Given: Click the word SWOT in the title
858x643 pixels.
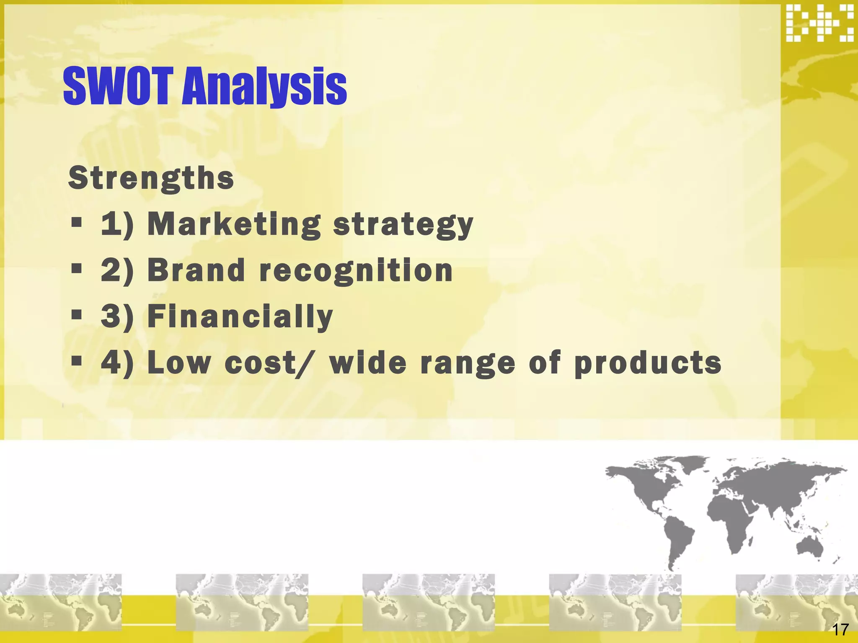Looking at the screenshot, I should [x=118, y=86].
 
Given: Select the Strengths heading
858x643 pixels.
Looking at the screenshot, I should [x=151, y=178].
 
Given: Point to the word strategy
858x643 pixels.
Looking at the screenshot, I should [x=403, y=225].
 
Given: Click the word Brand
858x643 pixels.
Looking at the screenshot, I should [x=196, y=270].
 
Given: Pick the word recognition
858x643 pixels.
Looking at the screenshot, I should [x=356, y=271].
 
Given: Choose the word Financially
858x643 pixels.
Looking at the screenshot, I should [x=240, y=316].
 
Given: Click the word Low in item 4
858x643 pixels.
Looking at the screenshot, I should [x=179, y=363].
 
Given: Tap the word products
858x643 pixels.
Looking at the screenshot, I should [x=648, y=363].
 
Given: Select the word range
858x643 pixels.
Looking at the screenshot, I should [x=468, y=363].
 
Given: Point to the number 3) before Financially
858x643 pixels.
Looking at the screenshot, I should [x=117, y=316].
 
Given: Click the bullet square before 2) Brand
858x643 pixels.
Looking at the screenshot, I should [x=76, y=268].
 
